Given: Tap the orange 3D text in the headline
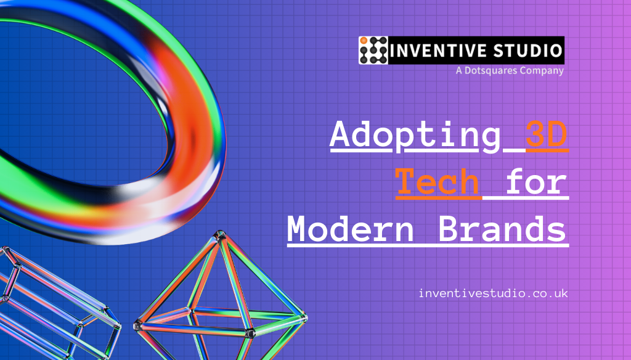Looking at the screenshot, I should pyautogui.click(x=546, y=136).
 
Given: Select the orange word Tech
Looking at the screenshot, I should pyautogui.click(x=438, y=182).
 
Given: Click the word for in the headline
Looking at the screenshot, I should pyautogui.click(x=535, y=182).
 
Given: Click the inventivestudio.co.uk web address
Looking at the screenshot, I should pyautogui.click(x=493, y=293).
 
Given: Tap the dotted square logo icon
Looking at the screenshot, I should pyautogui.click(x=373, y=51).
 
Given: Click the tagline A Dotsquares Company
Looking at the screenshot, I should pyautogui.click(x=510, y=71).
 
